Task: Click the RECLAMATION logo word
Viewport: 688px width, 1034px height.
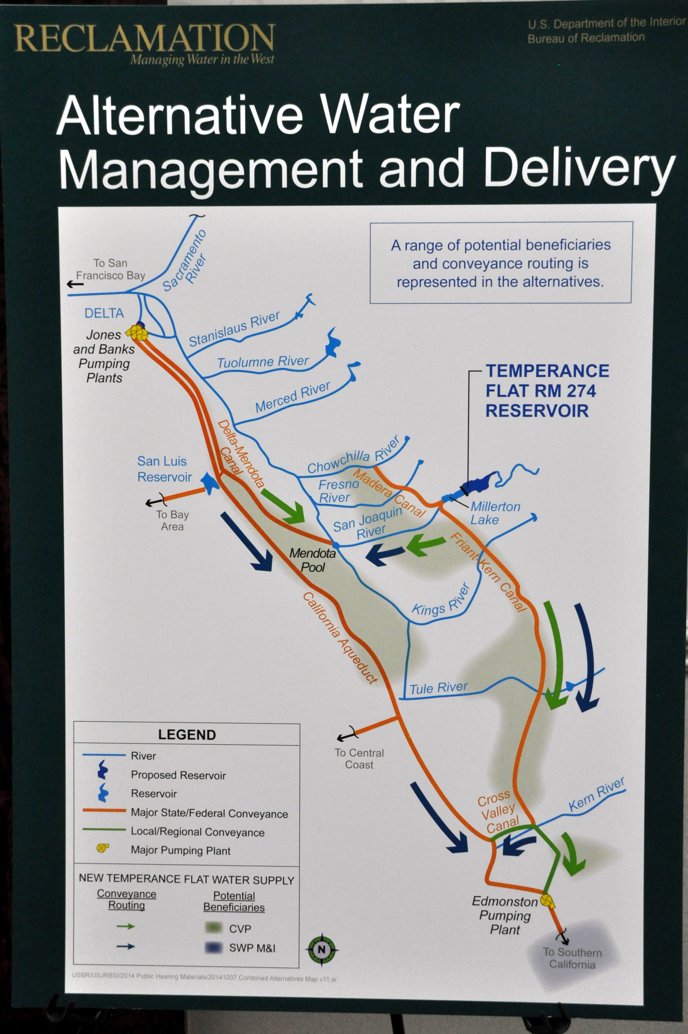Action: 145,39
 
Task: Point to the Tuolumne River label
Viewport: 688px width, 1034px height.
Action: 263,362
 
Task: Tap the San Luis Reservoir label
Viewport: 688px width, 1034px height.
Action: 164,469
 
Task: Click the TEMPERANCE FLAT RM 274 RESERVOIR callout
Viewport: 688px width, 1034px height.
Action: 547,391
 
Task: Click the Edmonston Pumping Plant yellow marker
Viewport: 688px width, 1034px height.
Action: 547,901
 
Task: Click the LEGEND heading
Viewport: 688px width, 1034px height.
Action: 187,735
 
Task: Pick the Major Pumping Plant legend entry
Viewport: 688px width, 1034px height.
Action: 180,851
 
